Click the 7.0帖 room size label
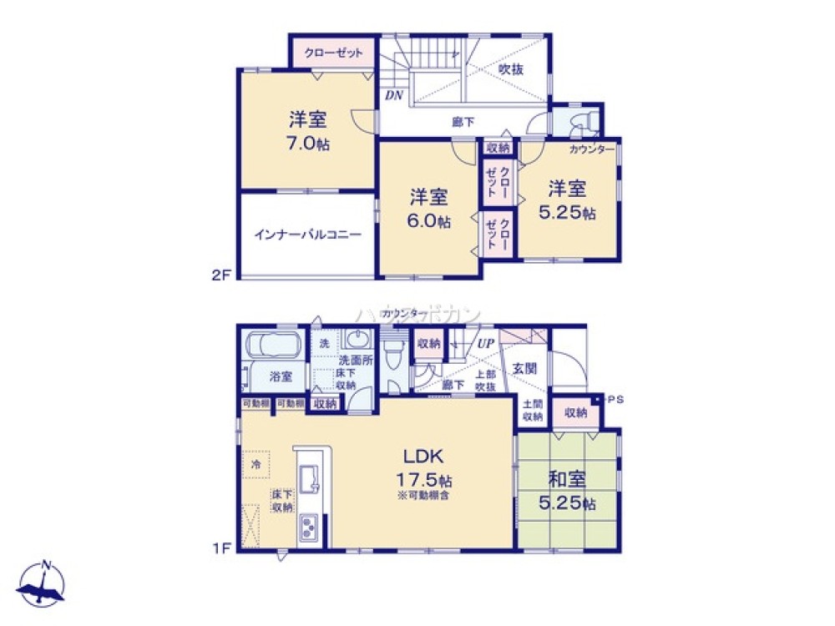coord(309,143)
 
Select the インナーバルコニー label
coord(307,235)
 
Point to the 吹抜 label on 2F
coord(511,70)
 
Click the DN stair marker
coord(393,95)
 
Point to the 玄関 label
coord(524,367)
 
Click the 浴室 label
coord(280,376)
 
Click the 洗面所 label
coord(354,364)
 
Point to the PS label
coord(616,399)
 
